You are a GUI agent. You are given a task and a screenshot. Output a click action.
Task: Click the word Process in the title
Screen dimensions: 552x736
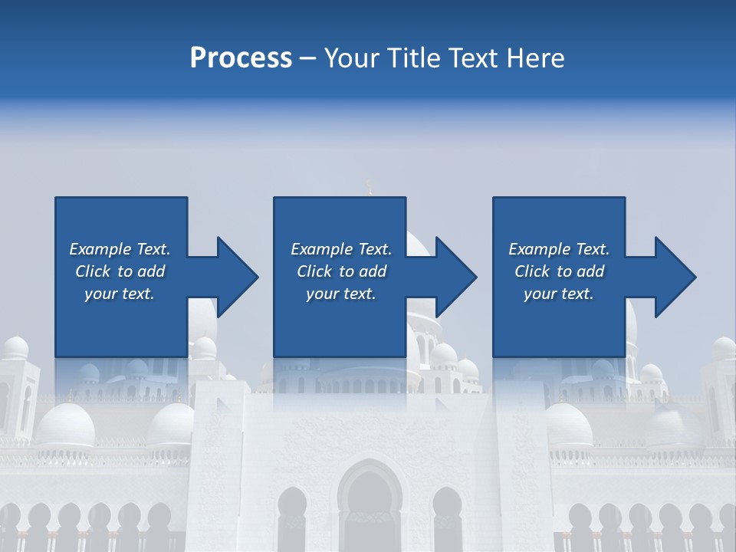(241, 58)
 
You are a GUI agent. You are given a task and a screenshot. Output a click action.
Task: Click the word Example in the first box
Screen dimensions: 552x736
(100, 249)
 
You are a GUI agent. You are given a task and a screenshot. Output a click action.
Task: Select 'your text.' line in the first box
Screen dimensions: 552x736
(120, 294)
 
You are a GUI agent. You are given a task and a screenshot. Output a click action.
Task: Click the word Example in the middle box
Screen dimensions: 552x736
(322, 249)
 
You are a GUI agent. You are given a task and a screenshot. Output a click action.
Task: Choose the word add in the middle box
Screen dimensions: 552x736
(373, 271)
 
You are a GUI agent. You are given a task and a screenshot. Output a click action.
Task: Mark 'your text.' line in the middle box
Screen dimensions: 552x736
(341, 294)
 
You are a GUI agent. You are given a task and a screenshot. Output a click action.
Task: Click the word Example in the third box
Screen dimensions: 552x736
(540, 249)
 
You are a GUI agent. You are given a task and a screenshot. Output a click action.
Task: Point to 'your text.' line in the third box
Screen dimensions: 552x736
(559, 294)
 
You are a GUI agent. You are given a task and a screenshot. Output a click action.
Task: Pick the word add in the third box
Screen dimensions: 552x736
(590, 271)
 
